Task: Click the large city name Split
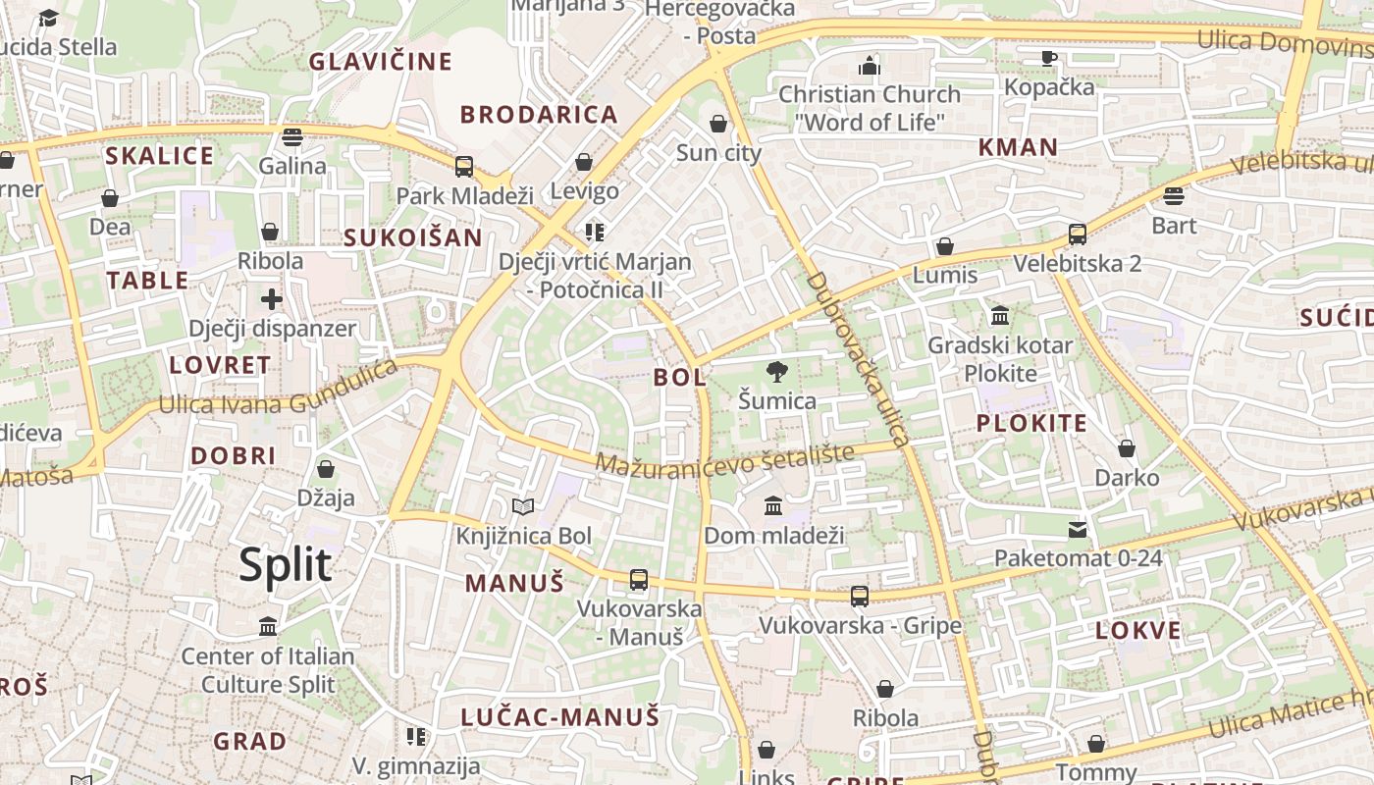[x=286, y=565]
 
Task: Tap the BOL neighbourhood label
[x=679, y=377]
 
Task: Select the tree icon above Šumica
[x=777, y=372]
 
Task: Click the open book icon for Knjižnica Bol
[x=524, y=507]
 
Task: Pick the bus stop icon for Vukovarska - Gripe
[x=860, y=596]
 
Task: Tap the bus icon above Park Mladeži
[x=464, y=167]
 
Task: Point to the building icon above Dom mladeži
[x=773, y=506]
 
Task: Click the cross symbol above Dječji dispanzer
[x=272, y=299]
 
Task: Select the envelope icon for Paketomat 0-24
[x=1078, y=530]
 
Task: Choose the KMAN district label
[x=1018, y=147]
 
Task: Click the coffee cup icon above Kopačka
[x=1049, y=58]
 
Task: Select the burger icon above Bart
[x=1174, y=196]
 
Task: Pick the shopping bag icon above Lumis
[x=945, y=246]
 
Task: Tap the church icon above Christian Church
[x=870, y=66]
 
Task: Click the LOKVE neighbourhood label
[x=1137, y=630]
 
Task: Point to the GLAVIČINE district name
[x=381, y=62]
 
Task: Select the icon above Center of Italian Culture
[x=268, y=626]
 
